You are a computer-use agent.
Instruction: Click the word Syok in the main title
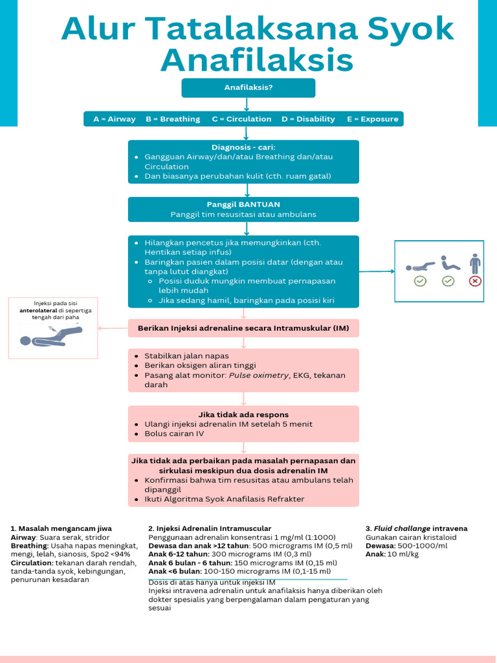coord(412,29)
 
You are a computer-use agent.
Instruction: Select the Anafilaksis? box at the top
coord(248,87)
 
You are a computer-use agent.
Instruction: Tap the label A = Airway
coord(115,119)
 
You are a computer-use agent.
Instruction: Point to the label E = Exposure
coord(373,119)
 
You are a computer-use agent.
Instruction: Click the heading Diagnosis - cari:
coord(243,147)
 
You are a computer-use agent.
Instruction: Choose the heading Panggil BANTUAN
coord(243,205)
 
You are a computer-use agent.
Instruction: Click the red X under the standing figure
coord(475,281)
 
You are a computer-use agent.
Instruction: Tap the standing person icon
coord(475,264)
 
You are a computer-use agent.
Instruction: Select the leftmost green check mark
coord(420,281)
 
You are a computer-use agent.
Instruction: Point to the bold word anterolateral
coord(38,311)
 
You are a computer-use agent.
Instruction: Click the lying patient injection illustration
coord(51,335)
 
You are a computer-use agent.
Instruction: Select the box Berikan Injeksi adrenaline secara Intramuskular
coord(243,328)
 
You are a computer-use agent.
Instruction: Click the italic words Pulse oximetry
coord(258,376)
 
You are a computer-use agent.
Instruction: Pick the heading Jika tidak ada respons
coord(243,414)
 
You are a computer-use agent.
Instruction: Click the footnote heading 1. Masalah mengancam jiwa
coord(56,528)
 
